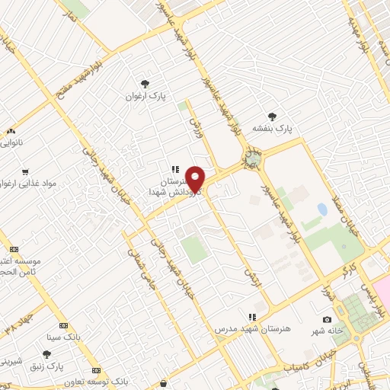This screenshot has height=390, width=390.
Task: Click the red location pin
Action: (x=196, y=179)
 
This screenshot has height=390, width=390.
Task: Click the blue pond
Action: (x=322, y=209)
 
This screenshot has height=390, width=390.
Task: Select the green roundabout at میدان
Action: (x=250, y=161)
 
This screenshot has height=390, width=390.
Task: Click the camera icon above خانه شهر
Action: (x=327, y=319)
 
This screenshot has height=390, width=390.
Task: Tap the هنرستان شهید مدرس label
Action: (x=251, y=328)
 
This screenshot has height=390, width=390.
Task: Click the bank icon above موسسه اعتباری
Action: (x=14, y=250)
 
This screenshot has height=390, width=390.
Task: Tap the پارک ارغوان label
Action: (x=146, y=97)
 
